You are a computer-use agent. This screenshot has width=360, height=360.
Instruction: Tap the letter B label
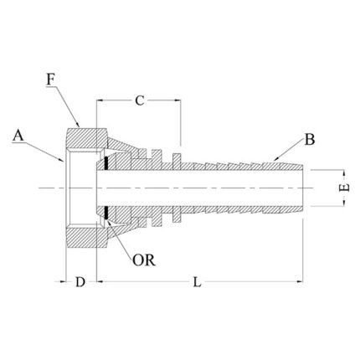click(x=309, y=140)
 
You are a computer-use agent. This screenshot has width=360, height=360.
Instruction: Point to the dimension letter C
click(x=140, y=101)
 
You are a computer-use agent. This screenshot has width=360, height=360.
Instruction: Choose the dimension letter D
click(x=80, y=282)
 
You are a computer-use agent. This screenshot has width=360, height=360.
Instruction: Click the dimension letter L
click(x=198, y=282)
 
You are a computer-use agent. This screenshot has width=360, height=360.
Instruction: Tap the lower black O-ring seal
click(x=106, y=215)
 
